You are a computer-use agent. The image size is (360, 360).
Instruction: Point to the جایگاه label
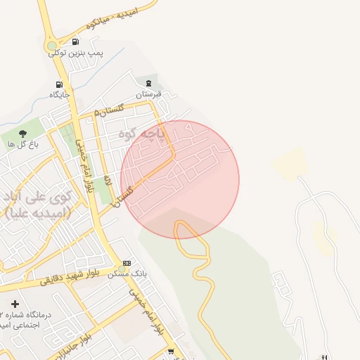[x=59, y=94]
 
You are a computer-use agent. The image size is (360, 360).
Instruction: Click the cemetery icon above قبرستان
[x=148, y=82]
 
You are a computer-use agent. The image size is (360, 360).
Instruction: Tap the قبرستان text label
[x=148, y=94]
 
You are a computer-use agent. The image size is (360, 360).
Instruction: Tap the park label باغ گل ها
[x=21, y=143]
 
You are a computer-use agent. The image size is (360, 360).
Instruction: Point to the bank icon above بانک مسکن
[x=127, y=263]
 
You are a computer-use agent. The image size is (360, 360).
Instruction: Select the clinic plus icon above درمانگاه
[x=15, y=304]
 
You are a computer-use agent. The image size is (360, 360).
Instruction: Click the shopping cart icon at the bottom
[x=170, y=351]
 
